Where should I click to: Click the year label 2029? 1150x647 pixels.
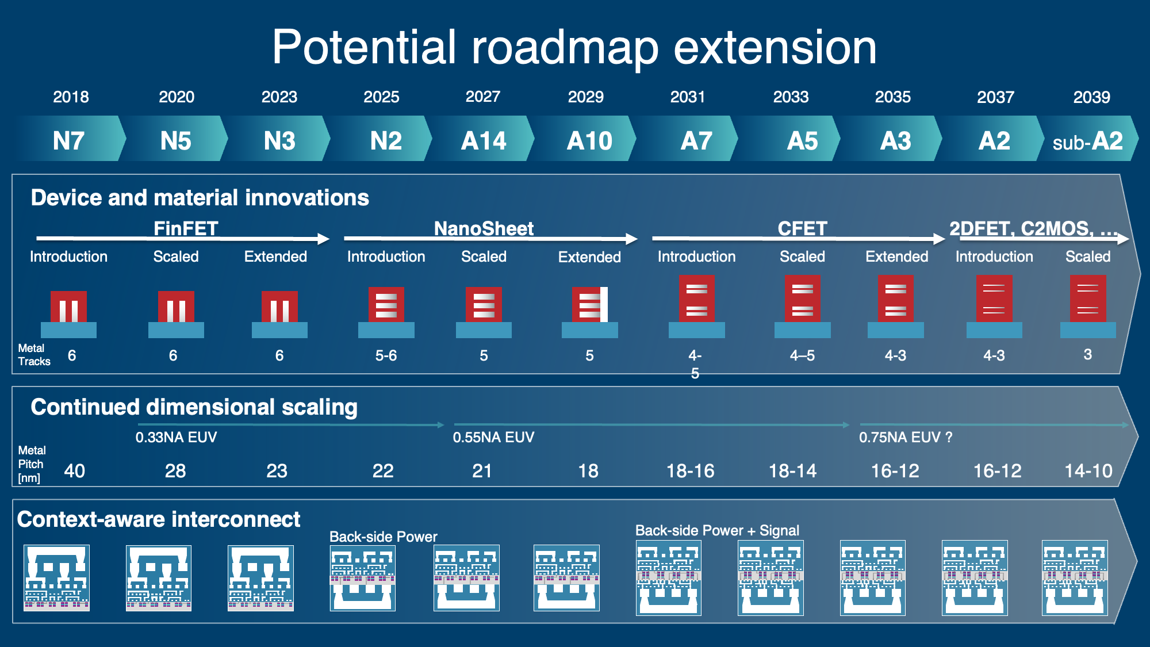[x=585, y=97]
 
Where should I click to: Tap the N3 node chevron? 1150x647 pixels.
[x=279, y=139]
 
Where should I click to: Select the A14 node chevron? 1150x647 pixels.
[x=484, y=139]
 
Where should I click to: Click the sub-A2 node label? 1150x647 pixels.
[x=1087, y=141]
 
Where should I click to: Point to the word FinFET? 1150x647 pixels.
[x=186, y=228]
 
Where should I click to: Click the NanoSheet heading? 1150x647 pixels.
[x=484, y=228]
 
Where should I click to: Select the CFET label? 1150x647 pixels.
[x=802, y=228]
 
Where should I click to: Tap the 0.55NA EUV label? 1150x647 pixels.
[x=493, y=437]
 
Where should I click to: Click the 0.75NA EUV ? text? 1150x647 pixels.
[x=906, y=437]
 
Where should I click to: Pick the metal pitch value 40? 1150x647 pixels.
[x=75, y=471]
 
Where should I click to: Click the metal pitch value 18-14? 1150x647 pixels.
[x=793, y=471]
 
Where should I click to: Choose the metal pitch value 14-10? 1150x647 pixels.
[x=1088, y=471]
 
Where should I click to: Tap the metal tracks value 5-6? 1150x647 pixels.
[x=386, y=355]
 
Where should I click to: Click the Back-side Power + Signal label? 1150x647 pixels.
[x=717, y=530]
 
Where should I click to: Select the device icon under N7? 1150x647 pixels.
[x=68, y=314]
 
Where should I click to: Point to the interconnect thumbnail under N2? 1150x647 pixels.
[x=363, y=577]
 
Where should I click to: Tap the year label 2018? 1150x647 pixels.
[x=71, y=97]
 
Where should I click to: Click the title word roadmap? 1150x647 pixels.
[x=565, y=48]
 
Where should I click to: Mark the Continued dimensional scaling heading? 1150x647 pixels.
[x=194, y=407]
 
